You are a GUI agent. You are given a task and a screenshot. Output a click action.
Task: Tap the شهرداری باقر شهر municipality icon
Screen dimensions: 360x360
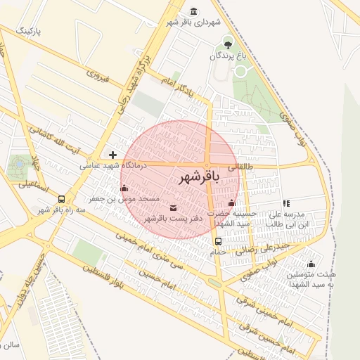coord(194,11)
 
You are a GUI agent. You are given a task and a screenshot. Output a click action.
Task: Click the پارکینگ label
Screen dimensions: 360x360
coord(30,32)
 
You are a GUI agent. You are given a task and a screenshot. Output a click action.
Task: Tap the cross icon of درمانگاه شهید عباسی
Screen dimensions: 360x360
coord(112,154)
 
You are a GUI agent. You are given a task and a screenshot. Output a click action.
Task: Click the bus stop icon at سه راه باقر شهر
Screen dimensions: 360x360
coord(63,199)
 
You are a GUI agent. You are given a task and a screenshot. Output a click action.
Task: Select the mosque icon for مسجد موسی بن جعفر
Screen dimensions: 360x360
coord(124,188)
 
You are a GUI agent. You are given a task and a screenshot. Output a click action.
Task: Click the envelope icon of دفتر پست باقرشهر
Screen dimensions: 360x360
coord(174,207)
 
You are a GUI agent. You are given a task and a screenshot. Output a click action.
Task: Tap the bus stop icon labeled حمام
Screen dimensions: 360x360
coord(217,241)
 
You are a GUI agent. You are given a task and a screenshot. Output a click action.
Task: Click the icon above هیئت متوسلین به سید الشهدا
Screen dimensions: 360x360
coord(311,264)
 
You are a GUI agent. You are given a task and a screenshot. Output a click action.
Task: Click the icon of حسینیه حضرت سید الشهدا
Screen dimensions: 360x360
coord(232,202)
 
